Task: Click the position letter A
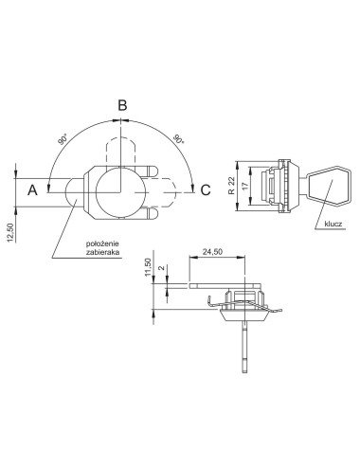click(x=32, y=190)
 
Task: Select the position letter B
click(x=122, y=105)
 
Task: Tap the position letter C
click(x=206, y=190)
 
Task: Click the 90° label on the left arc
click(x=63, y=139)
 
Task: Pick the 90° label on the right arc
click(x=178, y=139)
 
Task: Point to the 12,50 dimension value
click(x=10, y=233)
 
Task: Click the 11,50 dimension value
click(x=148, y=267)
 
